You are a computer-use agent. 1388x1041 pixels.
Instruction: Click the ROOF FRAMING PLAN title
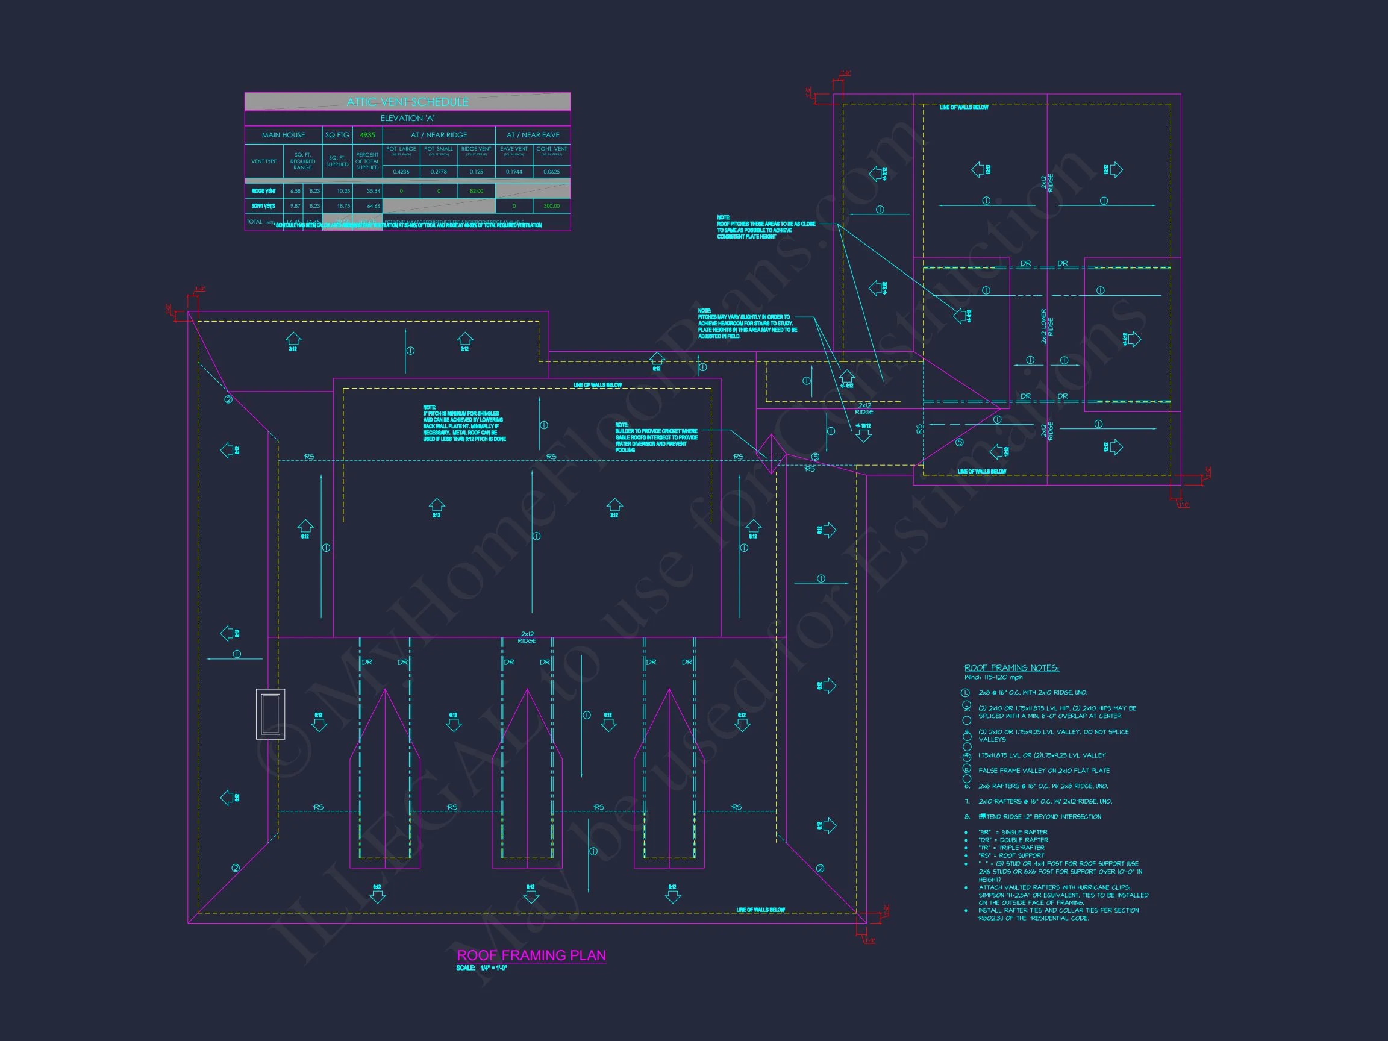click(x=531, y=955)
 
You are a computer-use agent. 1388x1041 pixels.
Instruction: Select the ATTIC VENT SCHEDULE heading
click(x=407, y=102)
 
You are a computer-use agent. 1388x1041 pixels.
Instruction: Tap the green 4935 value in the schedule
click(x=367, y=135)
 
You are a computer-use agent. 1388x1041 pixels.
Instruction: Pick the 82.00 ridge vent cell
click(x=477, y=191)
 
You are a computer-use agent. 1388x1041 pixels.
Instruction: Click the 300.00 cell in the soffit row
click(x=552, y=206)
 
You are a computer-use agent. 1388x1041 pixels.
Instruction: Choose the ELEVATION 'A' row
click(x=407, y=119)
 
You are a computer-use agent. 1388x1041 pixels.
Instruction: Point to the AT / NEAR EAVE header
click(x=533, y=135)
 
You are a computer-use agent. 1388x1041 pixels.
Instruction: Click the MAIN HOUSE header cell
click(x=283, y=135)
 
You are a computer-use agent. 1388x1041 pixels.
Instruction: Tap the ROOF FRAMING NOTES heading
click(x=1011, y=667)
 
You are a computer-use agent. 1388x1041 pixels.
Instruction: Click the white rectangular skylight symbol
click(x=270, y=713)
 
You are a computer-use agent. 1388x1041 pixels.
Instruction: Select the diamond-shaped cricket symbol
click(x=771, y=454)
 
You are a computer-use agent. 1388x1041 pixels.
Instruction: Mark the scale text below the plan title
click(x=481, y=968)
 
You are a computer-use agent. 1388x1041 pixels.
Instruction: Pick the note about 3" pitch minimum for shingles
click(x=464, y=423)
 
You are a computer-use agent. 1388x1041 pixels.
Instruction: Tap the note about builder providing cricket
click(x=655, y=437)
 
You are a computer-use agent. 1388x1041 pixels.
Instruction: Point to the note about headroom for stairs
click(x=746, y=323)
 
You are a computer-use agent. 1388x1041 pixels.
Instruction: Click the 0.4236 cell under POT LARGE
click(x=401, y=171)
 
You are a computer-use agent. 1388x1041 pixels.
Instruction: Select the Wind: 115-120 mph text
click(x=993, y=677)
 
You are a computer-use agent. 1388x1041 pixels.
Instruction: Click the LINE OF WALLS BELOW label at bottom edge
click(x=760, y=910)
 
